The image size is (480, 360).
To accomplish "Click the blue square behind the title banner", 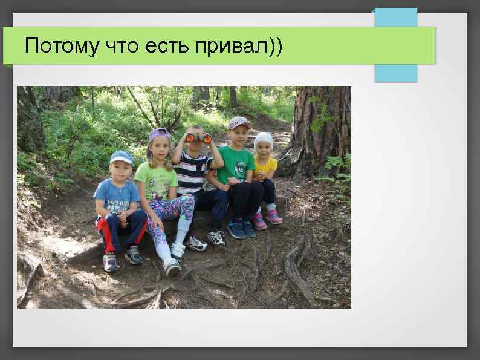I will pos(395,73).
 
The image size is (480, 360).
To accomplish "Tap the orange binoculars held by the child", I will pos(198,138).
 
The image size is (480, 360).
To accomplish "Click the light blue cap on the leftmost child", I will pos(121,157).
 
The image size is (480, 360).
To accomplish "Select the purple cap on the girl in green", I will pos(160,134).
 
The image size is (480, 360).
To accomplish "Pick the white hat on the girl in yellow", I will pos(264,139).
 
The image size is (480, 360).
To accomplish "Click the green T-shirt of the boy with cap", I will pos(236,163).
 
